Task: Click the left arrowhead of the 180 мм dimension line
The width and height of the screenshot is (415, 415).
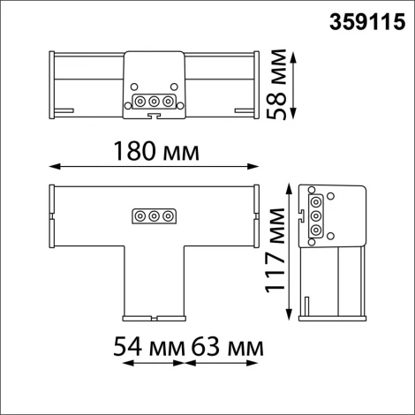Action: tap(52, 165)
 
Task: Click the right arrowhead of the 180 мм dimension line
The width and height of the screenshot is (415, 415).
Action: tap(256, 165)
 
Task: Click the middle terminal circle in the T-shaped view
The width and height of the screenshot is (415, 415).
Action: tap(154, 215)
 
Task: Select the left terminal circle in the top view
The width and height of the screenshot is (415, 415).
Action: tap(140, 102)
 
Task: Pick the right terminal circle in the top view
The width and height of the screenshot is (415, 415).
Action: tap(168, 102)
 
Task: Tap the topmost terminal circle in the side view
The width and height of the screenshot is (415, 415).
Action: tap(315, 201)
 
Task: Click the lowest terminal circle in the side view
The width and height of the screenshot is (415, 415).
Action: tap(315, 230)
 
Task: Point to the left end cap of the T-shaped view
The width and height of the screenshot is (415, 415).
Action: tap(51, 215)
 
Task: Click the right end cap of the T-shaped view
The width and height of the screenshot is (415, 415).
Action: tap(257, 215)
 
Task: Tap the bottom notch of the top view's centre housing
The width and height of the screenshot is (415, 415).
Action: tap(154, 115)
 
